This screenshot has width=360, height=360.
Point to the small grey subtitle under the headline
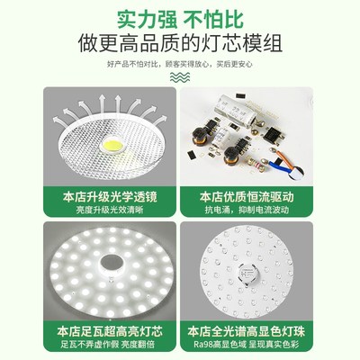(180, 64)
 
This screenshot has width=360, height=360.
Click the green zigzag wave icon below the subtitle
(180, 76)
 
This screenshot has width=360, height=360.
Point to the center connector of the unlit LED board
(268, 270)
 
